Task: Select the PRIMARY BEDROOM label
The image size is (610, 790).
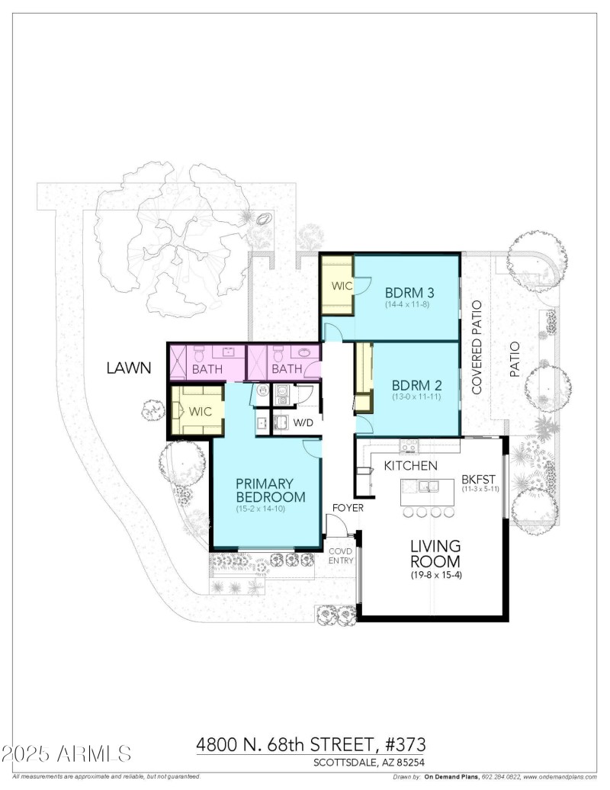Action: click(270, 490)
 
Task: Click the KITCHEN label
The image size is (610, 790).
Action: click(409, 465)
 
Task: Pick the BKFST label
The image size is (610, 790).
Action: click(479, 480)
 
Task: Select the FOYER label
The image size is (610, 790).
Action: click(346, 508)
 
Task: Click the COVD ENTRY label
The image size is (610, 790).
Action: click(339, 556)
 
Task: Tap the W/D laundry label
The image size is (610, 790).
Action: click(304, 422)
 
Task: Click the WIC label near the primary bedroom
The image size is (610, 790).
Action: click(200, 411)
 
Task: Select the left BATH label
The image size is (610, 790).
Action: click(207, 370)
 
